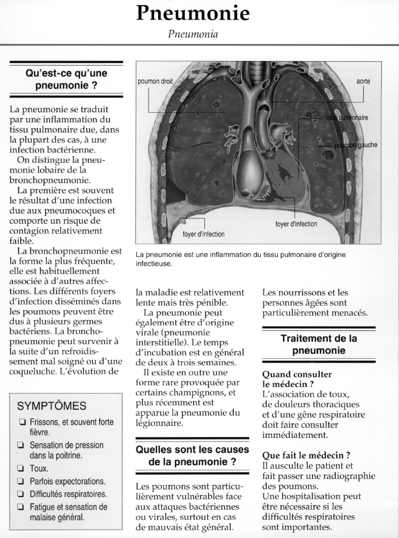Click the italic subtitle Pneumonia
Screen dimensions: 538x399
click(194, 35)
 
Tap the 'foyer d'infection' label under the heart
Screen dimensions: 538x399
click(296, 224)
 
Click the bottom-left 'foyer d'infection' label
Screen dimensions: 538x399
click(203, 234)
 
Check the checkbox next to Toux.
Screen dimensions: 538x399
click(21, 469)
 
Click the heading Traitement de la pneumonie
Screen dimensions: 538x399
click(319, 345)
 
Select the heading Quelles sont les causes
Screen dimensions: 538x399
click(193, 450)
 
